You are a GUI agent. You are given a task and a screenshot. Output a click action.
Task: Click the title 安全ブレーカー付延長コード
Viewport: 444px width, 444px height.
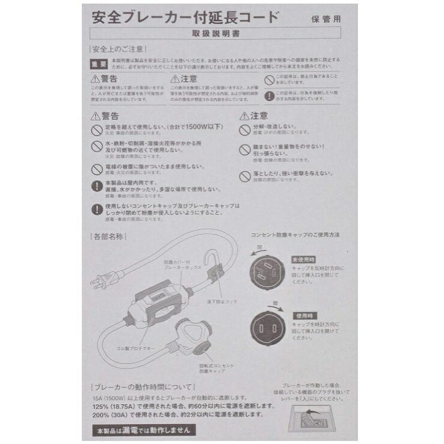(185, 16)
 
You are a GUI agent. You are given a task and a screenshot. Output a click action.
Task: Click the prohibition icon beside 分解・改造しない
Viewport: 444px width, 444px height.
(244, 130)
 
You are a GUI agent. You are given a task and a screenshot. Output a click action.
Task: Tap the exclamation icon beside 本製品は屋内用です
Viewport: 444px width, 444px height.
(96, 187)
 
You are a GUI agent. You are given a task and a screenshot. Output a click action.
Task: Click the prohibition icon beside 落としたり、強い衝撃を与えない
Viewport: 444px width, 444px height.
(244, 176)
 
